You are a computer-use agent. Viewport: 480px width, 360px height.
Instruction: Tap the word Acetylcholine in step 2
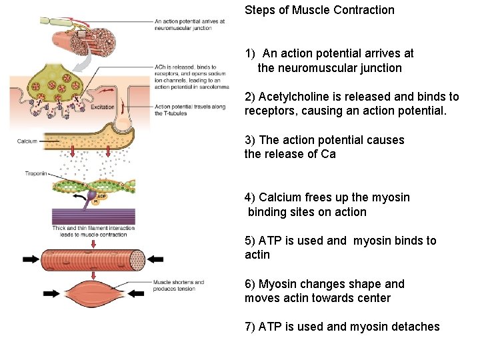tap(291, 97)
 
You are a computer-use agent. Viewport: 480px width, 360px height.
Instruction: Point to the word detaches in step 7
tap(419, 326)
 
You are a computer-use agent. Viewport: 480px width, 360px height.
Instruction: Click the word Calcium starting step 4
tap(279, 197)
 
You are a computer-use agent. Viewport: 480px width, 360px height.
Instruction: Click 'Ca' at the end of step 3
tap(329, 154)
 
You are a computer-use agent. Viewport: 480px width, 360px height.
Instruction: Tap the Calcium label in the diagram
tap(27, 141)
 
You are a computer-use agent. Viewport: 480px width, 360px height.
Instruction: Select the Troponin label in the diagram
tap(34, 173)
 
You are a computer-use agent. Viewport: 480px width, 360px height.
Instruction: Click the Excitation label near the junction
tap(102, 107)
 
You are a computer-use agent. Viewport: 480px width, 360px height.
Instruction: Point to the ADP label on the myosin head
tap(101, 197)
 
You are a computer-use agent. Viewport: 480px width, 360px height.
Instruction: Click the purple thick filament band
tap(93, 217)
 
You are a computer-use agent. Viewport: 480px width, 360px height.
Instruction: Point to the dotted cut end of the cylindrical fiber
tap(137, 259)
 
